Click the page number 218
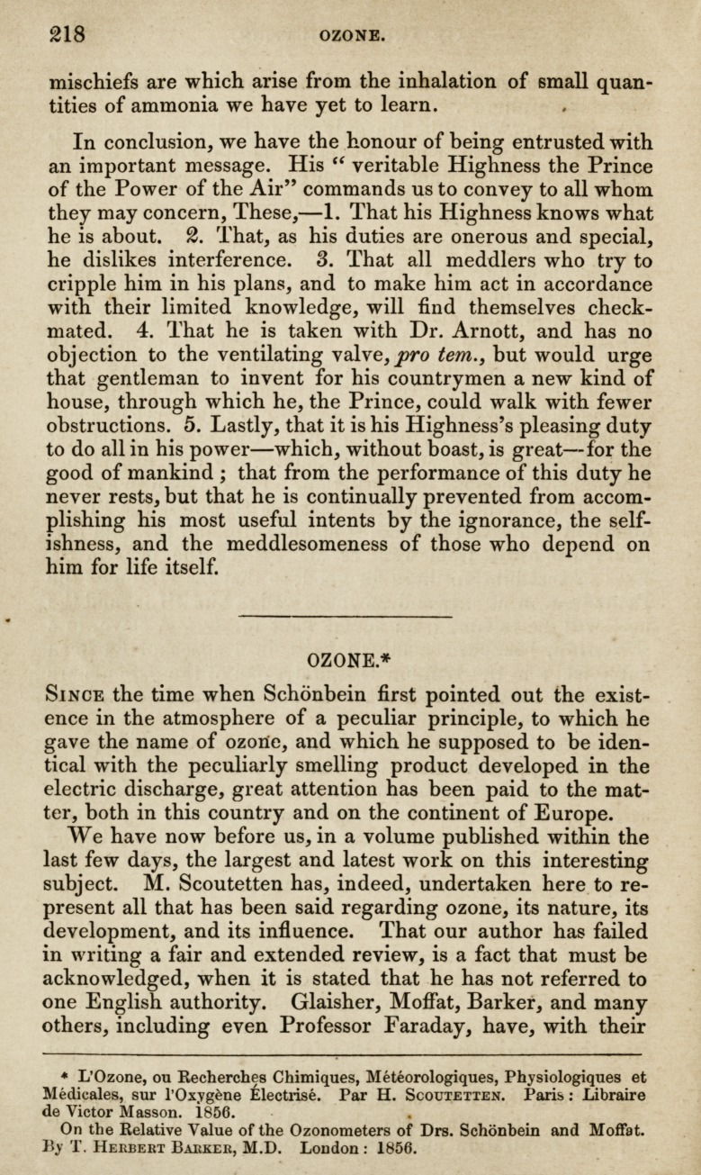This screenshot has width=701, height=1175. [x=67, y=34]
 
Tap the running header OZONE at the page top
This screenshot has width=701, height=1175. [x=353, y=36]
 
